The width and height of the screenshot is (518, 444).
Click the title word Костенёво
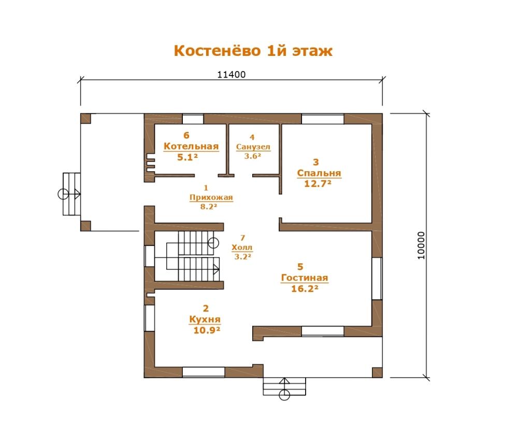[218, 51]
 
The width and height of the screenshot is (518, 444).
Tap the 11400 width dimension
[231, 75]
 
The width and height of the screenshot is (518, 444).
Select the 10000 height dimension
[421, 246]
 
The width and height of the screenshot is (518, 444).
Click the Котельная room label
[191, 146]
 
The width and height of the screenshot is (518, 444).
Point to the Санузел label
[253, 147]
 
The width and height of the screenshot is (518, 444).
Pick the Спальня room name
[319, 173]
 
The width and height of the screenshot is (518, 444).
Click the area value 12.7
[318, 184]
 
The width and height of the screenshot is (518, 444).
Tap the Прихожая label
[211, 197]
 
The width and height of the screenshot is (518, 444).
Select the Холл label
[242, 247]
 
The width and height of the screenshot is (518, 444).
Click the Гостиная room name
[304, 278]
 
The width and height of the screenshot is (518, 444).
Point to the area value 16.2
[305, 289]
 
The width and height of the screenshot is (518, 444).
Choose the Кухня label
[205, 320]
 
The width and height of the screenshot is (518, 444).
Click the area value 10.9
[207, 330]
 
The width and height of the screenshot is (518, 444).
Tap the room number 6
[186, 136]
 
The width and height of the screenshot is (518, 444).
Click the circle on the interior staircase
[213, 243]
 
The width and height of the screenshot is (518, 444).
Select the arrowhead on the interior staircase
[217, 270]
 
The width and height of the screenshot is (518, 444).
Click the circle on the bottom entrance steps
[284, 395]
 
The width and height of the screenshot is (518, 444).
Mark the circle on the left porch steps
[63, 194]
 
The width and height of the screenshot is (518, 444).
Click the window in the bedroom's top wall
[322, 119]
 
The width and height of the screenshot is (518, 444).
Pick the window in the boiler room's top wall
[193, 119]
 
